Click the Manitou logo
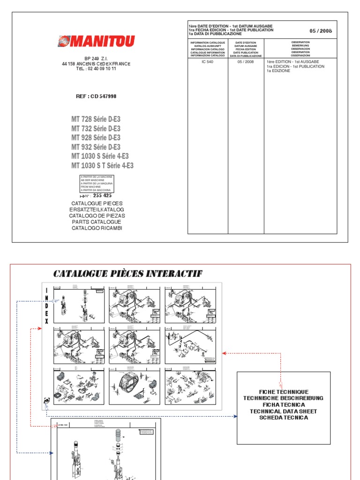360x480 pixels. click(96, 41)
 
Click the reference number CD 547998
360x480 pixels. click(96, 96)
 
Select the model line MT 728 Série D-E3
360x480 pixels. click(96, 120)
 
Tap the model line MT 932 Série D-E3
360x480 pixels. click(96, 147)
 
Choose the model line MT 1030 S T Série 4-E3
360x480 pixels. click(102, 165)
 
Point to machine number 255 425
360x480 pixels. click(102, 195)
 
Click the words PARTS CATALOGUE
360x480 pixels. click(97, 222)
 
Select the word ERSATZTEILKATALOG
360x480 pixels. click(97, 210)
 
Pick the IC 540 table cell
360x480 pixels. click(208, 62)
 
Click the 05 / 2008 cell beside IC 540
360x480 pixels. click(246, 62)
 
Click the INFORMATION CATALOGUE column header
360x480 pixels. click(208, 49)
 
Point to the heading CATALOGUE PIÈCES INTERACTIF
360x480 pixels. click(128, 274)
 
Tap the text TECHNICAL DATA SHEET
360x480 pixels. click(284, 411)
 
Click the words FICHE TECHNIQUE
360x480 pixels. click(284, 391)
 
